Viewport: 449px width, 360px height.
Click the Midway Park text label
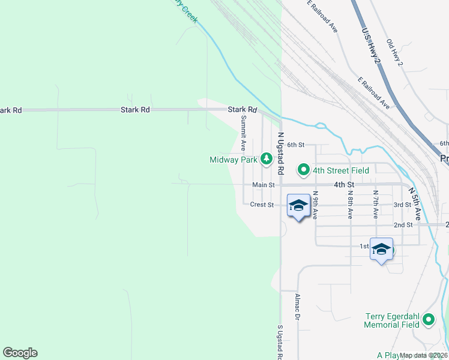[x=234, y=160]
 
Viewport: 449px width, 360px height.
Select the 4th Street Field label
[x=340, y=170]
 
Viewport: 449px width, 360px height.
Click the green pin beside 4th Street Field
[x=304, y=170]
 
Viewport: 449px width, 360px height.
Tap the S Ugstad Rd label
[x=280, y=342]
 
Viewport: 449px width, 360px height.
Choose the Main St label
[x=263, y=185]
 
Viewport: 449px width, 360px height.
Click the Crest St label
[x=262, y=205]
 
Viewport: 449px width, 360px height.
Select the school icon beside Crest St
[x=298, y=206]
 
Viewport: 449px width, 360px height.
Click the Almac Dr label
[x=297, y=307]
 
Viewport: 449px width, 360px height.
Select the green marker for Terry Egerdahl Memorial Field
[x=429, y=320]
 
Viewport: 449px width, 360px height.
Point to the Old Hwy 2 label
[x=395, y=53]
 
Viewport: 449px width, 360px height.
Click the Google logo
[x=20, y=353]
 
